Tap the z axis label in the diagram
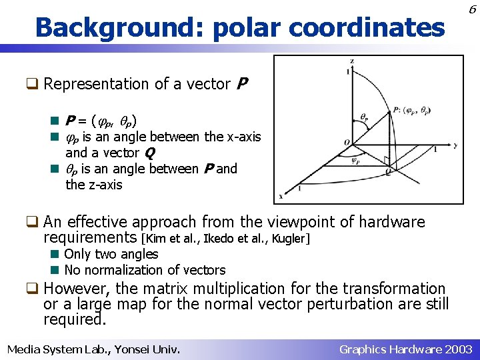(352, 61)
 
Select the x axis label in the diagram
(280, 196)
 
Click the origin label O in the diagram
(347, 141)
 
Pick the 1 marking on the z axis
(347, 71)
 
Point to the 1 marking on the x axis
(299, 189)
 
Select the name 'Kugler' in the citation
(291, 238)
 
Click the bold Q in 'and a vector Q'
(149, 153)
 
